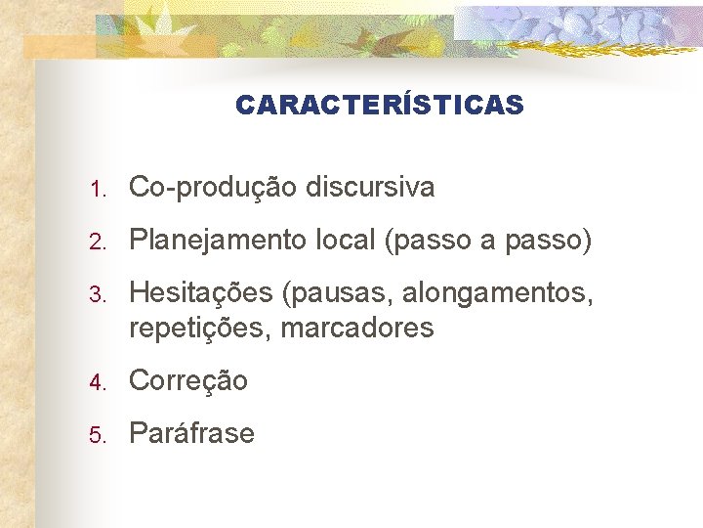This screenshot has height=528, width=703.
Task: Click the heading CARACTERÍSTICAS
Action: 379,105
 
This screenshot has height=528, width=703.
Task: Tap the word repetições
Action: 200,329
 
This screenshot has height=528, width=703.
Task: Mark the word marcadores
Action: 357,328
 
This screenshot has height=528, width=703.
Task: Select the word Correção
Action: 188,380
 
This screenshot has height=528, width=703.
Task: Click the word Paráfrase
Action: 191,433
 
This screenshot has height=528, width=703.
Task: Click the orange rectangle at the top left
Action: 59,47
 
